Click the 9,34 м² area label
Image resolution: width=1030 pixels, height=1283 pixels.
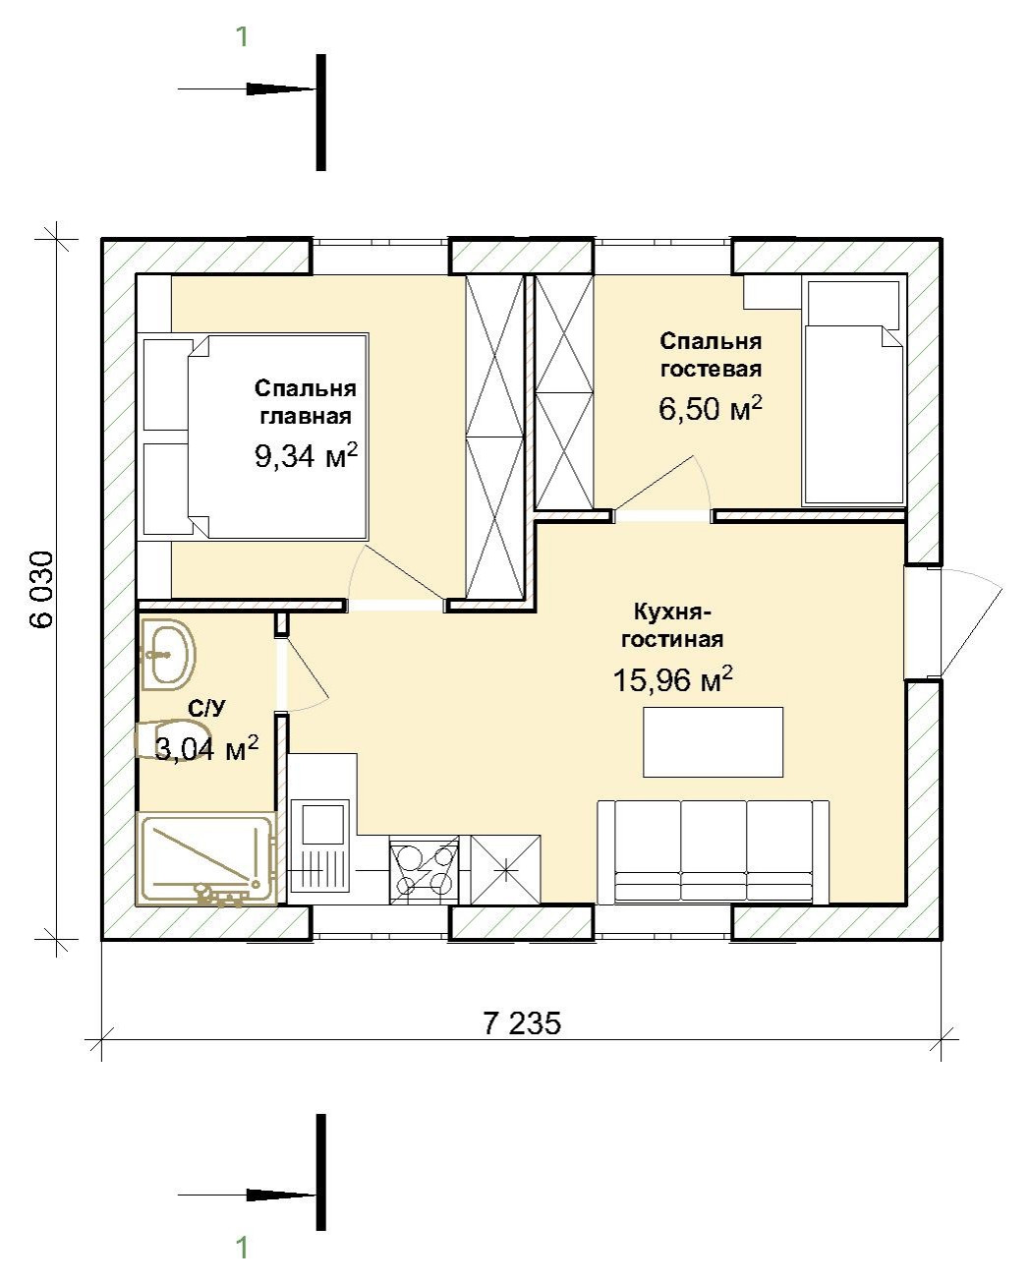pyautogui.click(x=307, y=455)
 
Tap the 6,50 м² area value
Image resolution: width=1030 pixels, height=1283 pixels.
pyautogui.click(x=711, y=408)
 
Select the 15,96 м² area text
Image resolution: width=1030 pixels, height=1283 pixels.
pyautogui.click(x=672, y=678)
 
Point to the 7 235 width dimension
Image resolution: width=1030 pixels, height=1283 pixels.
pyautogui.click(x=522, y=1023)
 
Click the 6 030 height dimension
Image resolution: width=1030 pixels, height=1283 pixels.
pyautogui.click(x=42, y=590)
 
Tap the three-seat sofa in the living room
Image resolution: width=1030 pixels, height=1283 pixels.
pyautogui.click(x=713, y=852)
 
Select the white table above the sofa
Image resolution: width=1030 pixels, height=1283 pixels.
pyautogui.click(x=713, y=742)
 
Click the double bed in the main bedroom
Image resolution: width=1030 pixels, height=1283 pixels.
pyautogui.click(x=256, y=437)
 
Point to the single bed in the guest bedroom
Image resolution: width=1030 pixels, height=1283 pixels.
pyautogui.click(x=853, y=393)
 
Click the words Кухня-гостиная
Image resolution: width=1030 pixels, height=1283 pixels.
pyautogui.click(x=672, y=625)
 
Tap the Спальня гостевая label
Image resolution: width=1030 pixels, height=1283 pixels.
pyautogui.click(x=711, y=355)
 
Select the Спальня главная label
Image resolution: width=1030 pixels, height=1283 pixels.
pyautogui.click(x=306, y=402)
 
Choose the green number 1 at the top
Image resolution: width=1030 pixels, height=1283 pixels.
pyautogui.click(x=242, y=37)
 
